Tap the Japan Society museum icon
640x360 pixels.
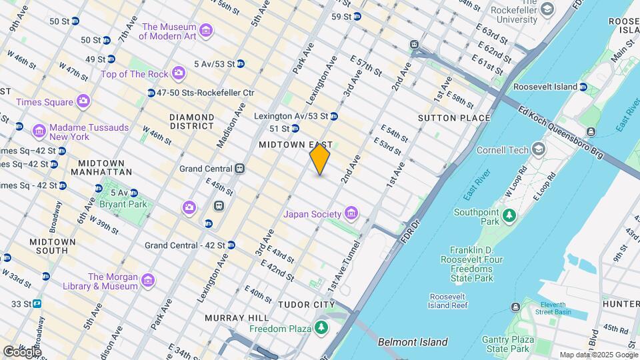351,214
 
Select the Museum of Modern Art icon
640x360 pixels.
206,31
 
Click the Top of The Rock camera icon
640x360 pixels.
178,73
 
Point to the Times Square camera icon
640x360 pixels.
83,101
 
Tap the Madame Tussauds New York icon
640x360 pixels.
39,130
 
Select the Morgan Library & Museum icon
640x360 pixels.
147,281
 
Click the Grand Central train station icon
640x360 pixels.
239,169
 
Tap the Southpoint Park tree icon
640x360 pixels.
510,215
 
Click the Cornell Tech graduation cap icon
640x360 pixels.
538,149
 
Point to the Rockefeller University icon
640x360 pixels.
547,10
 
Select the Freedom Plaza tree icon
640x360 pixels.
321,327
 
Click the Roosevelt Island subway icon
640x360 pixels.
583,87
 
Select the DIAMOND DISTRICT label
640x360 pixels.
191,121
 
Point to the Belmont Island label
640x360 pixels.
413,342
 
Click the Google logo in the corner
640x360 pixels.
22,351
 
